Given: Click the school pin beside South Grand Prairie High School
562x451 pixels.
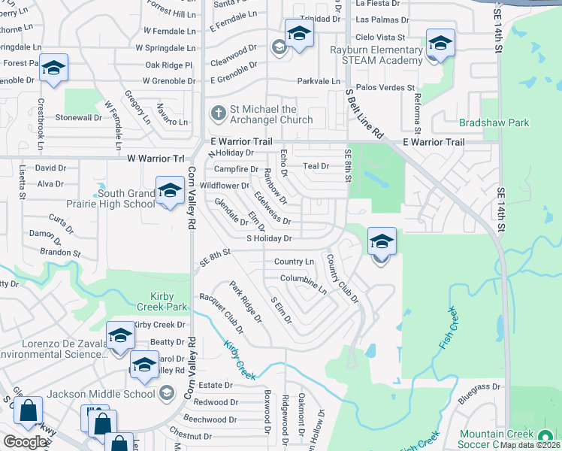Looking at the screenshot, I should click(x=170, y=192).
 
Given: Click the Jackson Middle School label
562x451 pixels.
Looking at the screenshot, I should click(x=101, y=393).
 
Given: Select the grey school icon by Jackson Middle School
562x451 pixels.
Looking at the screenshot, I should click(x=167, y=392).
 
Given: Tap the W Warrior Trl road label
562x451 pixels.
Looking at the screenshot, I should click(x=156, y=159).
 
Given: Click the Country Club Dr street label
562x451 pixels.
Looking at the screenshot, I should click(x=343, y=278).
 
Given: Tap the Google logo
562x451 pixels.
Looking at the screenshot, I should click(x=25, y=442).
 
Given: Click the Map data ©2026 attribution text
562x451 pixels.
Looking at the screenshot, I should click(x=530, y=445).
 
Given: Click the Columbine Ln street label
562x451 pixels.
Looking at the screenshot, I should click(x=304, y=282).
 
